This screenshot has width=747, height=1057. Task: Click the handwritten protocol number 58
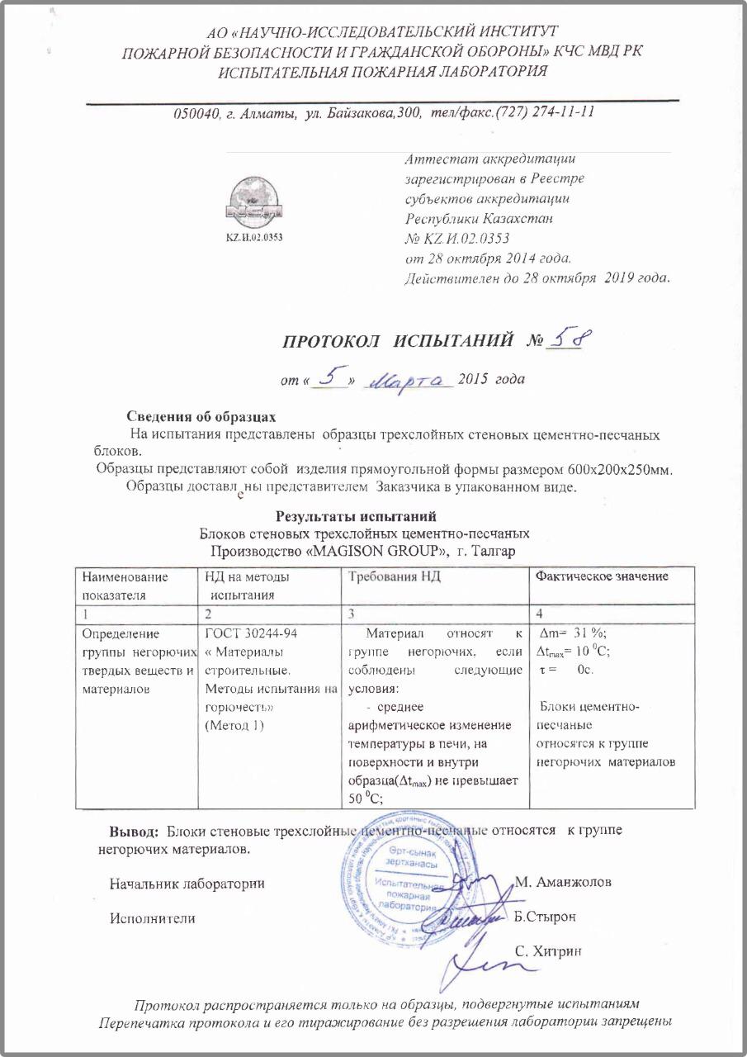pos(573,339)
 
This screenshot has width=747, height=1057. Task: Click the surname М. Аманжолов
pos(563,881)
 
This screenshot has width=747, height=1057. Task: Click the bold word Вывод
pos(136,830)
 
